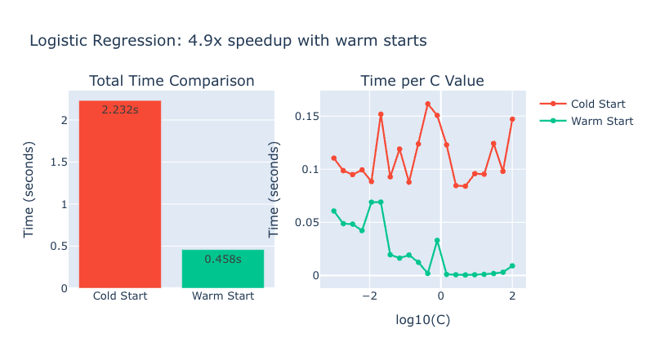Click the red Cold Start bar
120,196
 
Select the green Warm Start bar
222,269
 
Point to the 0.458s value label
222,259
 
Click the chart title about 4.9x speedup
228,40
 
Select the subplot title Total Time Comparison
172,81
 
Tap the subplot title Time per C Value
422,81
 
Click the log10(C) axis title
422,319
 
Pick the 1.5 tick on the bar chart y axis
59,162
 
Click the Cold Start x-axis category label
120,296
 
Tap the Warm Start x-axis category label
222,296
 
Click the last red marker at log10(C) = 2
512,119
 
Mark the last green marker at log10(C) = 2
512,265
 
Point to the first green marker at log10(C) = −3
333,211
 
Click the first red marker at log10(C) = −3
333,158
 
